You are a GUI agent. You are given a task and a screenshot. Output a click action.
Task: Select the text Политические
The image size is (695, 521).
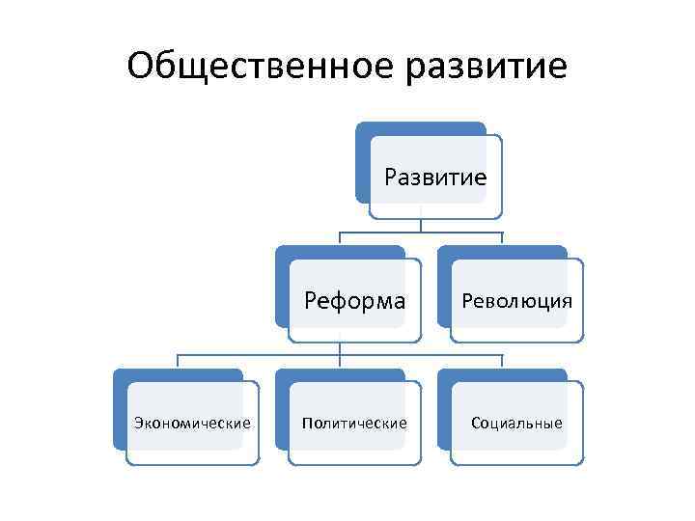tap(354, 424)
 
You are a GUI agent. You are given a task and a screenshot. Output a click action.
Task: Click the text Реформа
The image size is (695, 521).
tap(355, 300)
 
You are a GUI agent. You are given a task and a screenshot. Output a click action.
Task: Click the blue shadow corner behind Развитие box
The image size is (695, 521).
tap(364, 131)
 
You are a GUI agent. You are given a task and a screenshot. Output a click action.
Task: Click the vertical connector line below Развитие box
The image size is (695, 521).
tap(421, 224)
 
